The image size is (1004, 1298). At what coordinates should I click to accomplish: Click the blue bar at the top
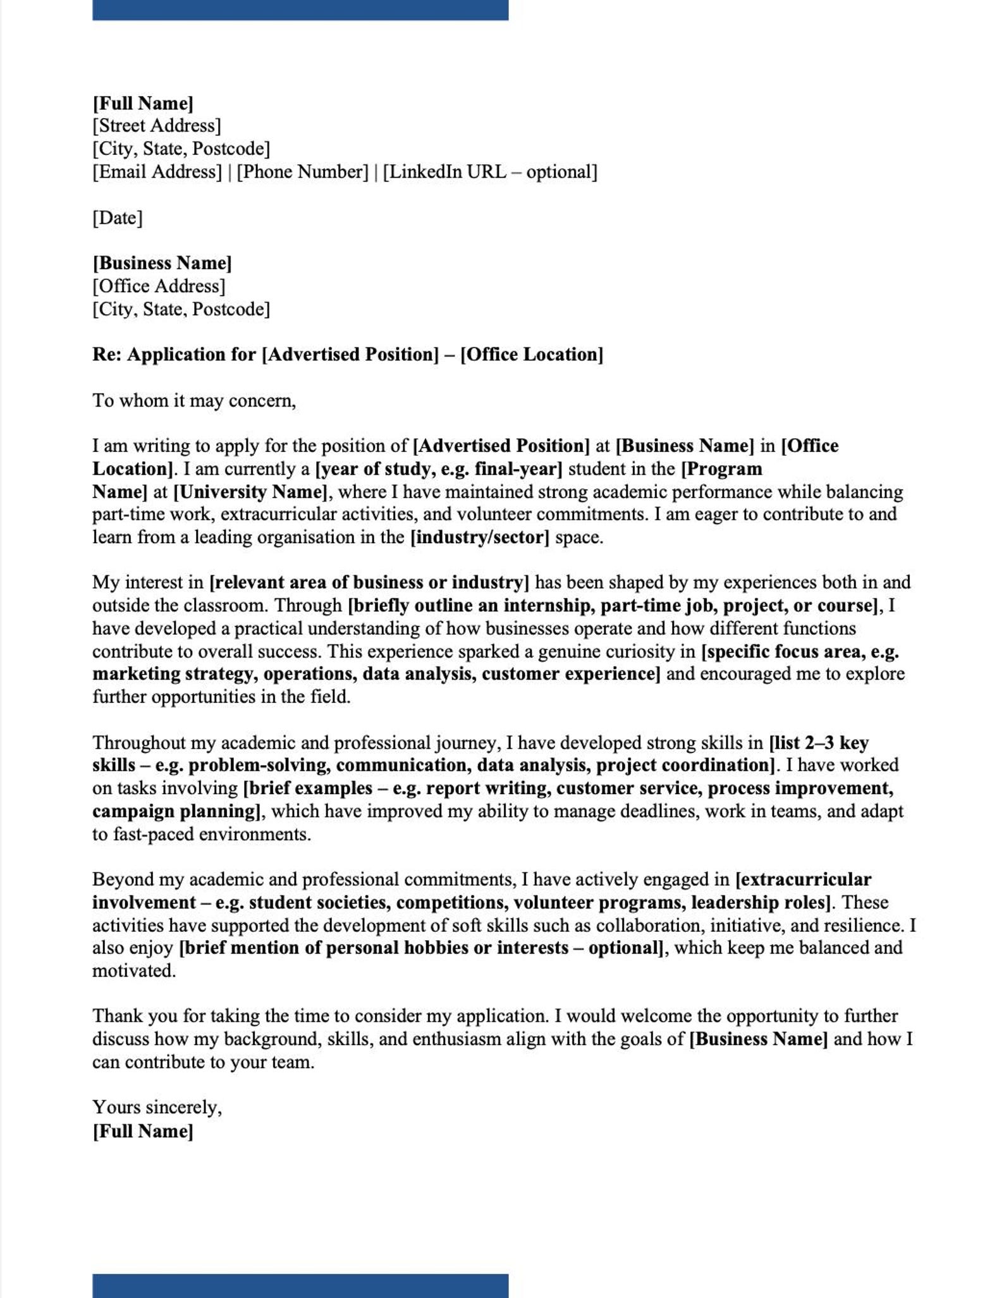300,9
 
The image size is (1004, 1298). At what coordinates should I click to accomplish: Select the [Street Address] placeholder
157,126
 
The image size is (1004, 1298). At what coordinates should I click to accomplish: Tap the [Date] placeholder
118,218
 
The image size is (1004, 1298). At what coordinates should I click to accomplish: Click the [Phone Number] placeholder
302,172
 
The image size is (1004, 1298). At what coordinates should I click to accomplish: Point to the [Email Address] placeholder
157,172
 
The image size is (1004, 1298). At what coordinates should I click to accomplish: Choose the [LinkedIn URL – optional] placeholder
490,172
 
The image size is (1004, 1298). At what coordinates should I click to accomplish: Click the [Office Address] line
159,286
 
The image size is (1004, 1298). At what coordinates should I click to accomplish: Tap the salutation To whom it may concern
194,401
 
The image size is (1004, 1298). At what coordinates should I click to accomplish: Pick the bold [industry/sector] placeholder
480,537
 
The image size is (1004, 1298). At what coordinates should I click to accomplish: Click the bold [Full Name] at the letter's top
143,103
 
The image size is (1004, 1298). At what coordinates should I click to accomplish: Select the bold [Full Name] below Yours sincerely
143,1131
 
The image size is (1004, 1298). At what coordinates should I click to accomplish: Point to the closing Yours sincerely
157,1108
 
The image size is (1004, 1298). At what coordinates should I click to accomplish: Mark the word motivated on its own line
134,970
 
